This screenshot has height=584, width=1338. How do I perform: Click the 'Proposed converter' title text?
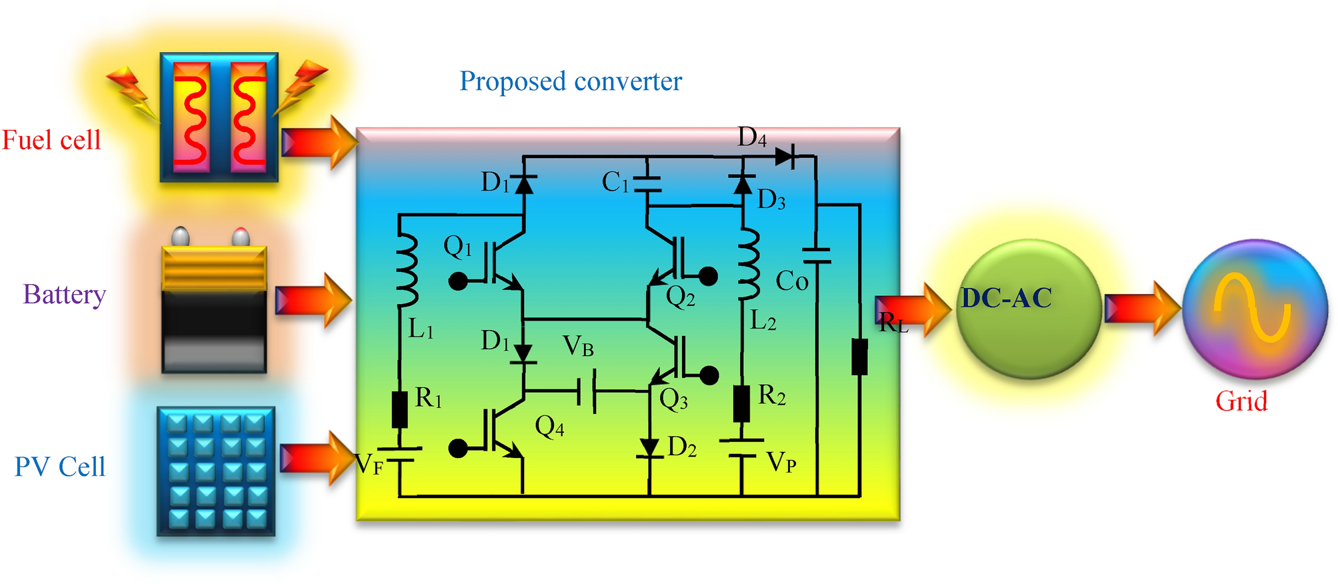coord(571,81)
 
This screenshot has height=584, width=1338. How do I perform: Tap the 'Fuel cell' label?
coord(51,140)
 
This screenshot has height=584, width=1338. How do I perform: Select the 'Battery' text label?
coord(65,294)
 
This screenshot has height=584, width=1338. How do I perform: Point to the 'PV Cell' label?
coord(60,467)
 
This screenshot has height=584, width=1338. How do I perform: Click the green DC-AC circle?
coord(1027,310)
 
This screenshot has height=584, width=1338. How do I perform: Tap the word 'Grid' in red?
coord(1241,401)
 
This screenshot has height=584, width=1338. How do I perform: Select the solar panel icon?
coord(216,471)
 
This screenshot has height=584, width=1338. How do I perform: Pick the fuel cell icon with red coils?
coord(219,117)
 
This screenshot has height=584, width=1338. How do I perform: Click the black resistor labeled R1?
coord(399,409)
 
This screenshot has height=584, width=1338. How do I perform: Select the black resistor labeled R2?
coord(741,403)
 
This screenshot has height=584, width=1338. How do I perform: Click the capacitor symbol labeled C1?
coord(647,184)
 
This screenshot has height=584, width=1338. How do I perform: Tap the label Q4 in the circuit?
coord(549,427)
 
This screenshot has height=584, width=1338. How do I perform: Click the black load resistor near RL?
coord(859,357)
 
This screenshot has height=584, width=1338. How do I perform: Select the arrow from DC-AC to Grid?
coord(1141,308)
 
